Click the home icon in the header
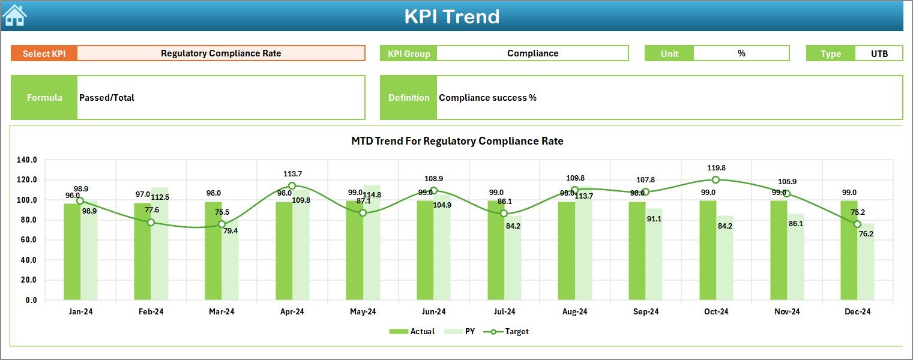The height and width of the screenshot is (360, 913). coord(15,16)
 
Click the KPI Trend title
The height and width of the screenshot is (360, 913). coord(451,16)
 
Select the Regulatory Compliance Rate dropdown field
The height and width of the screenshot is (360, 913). coord(221,53)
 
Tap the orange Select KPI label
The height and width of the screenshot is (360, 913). coord(44,53)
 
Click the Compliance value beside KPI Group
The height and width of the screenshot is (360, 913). coord(532,53)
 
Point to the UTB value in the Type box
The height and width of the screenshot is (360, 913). coord(879,53)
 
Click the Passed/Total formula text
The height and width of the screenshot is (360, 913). coord(107,98)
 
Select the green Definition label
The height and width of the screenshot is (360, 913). coord(409,98)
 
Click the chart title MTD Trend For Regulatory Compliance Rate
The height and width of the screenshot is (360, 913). coord(457,141)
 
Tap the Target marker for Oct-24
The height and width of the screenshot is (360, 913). coord(716,180)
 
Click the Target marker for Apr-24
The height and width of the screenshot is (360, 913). coord(292,186)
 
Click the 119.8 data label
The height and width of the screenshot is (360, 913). coord(716,168)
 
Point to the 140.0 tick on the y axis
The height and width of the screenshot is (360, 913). coord(27,160)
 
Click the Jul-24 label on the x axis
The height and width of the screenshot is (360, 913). coord(504,311)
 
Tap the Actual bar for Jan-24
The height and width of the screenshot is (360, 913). coord(72,251)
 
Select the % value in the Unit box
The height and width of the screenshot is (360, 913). coord(741,53)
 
